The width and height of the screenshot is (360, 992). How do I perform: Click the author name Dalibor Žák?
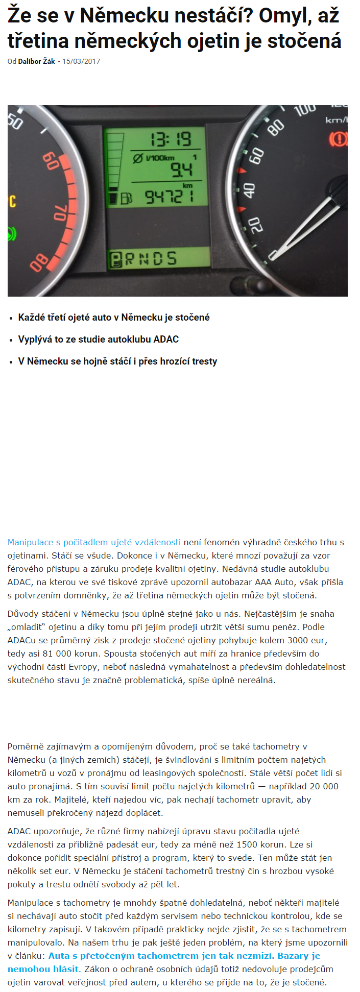36,61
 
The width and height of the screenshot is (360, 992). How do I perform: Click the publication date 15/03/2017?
81,61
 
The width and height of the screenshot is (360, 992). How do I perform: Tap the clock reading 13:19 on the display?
170,139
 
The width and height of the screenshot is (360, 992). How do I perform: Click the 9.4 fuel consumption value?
181,170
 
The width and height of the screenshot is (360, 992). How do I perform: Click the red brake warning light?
338,138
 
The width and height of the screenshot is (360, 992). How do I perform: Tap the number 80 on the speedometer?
276,127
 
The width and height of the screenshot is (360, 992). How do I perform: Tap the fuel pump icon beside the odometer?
127,198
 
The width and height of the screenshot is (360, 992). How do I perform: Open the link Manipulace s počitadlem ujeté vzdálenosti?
94,542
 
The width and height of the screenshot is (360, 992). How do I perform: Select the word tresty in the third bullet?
205,361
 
